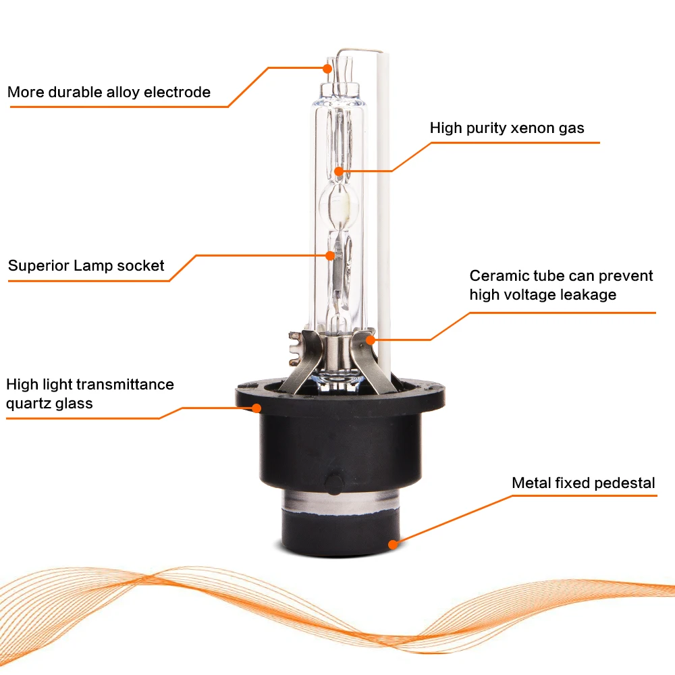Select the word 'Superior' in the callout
click(38, 266)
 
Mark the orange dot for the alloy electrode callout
click(327, 68)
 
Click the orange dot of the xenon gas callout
click(340, 171)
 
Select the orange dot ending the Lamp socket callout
click(330, 256)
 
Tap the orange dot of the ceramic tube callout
click(370, 340)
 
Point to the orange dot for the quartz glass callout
click(256, 408)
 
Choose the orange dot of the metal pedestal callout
click(393, 545)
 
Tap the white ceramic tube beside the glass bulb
click(384, 215)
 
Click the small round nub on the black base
click(333, 483)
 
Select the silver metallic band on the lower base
click(340, 503)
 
